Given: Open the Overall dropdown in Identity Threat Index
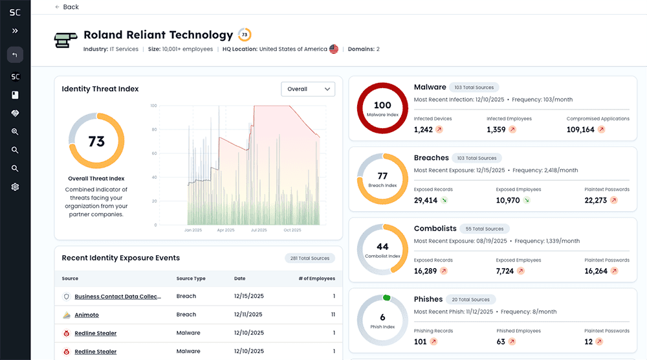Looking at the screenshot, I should (308, 89).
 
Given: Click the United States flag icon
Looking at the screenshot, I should (334, 49).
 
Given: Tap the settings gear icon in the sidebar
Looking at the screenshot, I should (15, 187).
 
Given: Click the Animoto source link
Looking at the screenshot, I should (87, 315).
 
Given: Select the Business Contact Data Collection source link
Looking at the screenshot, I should (117, 297).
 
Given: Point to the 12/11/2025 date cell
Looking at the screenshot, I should (248, 315).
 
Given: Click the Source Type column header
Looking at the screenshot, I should (191, 278).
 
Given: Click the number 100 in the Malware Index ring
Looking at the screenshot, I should (382, 105).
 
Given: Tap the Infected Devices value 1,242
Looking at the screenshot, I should (423, 129).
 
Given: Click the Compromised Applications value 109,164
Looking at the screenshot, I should (580, 129).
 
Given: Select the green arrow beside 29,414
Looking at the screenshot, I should (444, 201).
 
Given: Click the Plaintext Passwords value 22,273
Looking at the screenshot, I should (595, 201).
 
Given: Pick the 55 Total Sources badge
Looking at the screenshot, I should (485, 229).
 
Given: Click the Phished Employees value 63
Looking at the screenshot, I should (501, 342).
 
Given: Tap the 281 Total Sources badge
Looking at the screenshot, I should (309, 258).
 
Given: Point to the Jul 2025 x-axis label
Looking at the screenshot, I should (258, 230).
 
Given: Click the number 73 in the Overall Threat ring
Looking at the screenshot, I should (96, 141).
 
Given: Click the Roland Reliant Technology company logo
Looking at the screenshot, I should (65, 40).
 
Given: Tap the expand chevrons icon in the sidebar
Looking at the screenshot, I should (15, 30).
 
